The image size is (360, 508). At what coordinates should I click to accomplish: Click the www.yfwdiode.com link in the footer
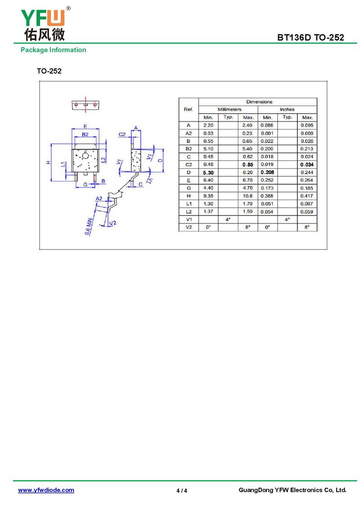[46, 490]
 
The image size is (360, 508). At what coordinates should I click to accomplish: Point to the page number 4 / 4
[182, 490]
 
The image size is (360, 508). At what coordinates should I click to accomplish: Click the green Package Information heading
[53, 50]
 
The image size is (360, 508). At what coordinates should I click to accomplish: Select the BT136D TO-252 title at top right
[310, 38]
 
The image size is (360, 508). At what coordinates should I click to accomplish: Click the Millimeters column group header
[229, 110]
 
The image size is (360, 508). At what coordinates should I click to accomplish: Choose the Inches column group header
[287, 110]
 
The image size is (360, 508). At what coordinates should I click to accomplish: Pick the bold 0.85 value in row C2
[247, 165]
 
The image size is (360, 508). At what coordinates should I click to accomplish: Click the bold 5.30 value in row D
[208, 173]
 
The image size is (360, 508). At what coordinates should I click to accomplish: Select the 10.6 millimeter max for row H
[247, 196]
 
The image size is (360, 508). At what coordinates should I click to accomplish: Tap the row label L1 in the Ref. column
[189, 204]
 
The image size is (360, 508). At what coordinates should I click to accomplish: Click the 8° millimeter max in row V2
[247, 227]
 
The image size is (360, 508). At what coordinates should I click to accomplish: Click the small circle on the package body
[85, 156]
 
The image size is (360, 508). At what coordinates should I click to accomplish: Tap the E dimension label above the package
[85, 126]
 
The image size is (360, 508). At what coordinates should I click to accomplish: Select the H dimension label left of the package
[48, 162]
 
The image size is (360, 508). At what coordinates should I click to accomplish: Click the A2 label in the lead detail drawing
[99, 198]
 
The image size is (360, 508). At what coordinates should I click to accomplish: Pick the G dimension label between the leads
[85, 184]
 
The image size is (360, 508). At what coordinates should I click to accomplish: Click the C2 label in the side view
[122, 134]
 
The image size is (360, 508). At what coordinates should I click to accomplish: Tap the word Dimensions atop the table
[259, 102]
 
